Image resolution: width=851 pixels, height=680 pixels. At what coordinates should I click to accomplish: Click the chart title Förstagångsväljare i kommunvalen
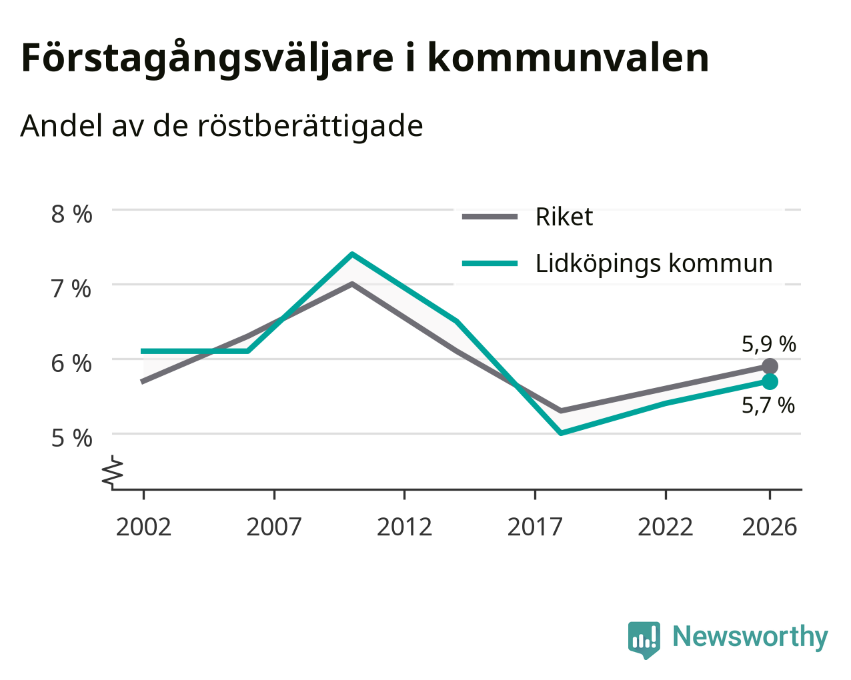click(x=365, y=59)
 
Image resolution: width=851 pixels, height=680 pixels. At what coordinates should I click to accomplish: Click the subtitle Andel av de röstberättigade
click(x=221, y=127)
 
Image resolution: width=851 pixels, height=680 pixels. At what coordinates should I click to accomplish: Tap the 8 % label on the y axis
click(x=71, y=214)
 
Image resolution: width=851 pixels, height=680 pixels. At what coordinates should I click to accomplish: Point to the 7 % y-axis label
click(x=71, y=289)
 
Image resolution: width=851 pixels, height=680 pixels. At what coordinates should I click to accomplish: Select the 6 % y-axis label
click(x=71, y=364)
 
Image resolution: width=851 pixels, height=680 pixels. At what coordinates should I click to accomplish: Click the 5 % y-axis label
click(x=71, y=439)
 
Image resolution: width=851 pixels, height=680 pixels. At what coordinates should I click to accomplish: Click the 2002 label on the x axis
click(x=143, y=527)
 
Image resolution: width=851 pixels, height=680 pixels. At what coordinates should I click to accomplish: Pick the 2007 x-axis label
click(x=274, y=527)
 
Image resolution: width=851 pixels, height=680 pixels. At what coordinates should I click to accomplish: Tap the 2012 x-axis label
click(x=405, y=527)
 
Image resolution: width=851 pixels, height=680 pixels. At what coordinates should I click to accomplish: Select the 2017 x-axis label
click(x=535, y=527)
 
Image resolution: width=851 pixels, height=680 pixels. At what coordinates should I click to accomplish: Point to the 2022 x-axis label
click(x=666, y=527)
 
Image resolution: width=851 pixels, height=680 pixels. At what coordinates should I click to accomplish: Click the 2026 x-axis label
click(x=770, y=527)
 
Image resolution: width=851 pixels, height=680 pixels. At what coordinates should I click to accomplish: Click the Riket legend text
click(x=564, y=217)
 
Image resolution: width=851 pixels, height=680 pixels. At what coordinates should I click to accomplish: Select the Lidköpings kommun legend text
click(x=654, y=264)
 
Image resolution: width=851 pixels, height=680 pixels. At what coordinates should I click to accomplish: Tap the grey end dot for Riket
click(x=770, y=366)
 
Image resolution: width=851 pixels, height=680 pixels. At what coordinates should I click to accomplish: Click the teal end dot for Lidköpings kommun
click(x=770, y=381)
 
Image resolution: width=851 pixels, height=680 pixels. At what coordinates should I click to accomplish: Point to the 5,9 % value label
click(x=769, y=345)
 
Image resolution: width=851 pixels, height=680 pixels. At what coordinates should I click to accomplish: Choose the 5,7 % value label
click(x=768, y=405)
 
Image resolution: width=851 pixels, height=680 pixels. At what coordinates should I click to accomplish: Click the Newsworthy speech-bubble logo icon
click(x=644, y=639)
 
